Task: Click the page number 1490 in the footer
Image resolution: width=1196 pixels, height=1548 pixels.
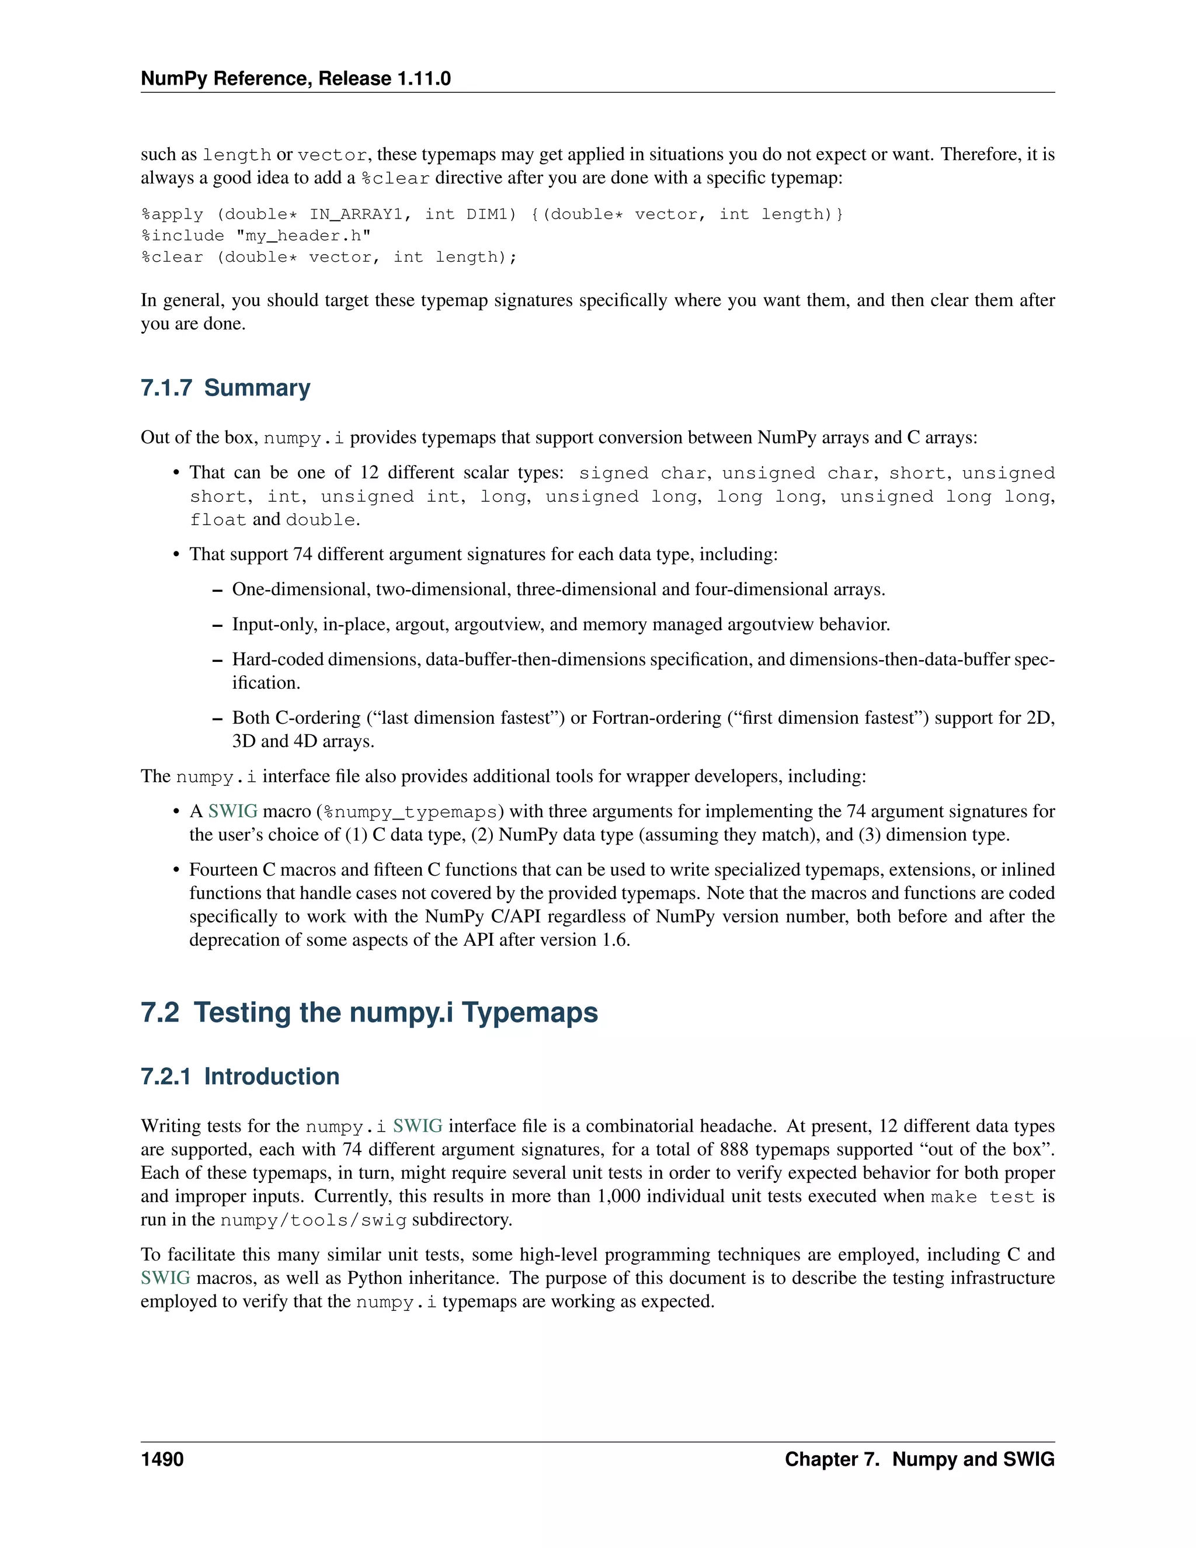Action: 162,1459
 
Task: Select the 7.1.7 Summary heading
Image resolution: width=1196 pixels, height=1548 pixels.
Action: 225,388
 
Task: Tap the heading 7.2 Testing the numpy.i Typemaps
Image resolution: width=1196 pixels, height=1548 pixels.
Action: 369,1012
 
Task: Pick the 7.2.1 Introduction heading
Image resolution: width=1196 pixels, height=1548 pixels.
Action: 239,1076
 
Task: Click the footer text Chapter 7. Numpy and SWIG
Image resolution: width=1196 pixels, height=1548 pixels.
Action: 919,1459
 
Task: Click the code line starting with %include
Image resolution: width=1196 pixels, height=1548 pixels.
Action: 256,235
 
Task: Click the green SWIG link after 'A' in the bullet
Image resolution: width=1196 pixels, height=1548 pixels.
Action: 232,811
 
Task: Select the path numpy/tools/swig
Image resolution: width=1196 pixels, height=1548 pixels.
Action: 313,1220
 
